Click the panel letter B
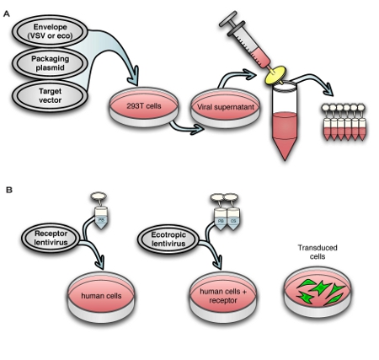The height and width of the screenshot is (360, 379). click(8, 190)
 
